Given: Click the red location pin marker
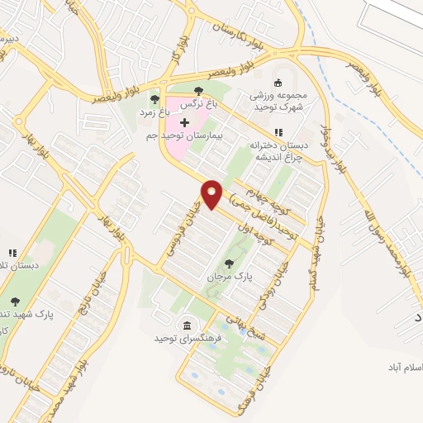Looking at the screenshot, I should tap(212, 193).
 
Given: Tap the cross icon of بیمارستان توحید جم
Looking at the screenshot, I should tap(183, 122).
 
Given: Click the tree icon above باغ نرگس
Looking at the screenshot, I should tap(197, 92).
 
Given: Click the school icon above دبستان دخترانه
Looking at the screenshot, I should tap(278, 132).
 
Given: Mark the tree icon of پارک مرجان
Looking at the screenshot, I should tap(228, 264).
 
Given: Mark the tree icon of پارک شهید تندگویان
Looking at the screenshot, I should tap(14, 302).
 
